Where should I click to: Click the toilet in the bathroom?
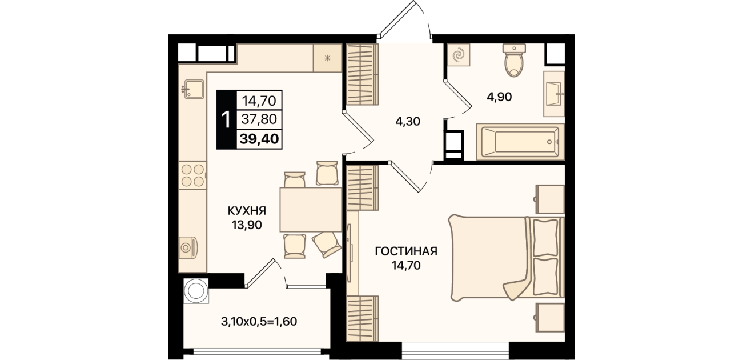[x=514, y=61]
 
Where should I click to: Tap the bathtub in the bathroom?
[x=520, y=142]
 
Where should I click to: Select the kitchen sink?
[x=194, y=89]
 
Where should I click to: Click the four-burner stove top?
[x=192, y=175]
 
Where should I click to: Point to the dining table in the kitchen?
[x=311, y=209]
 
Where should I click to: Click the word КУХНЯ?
[x=247, y=211]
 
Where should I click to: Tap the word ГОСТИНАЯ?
[x=406, y=251]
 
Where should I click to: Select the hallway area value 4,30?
[x=408, y=122]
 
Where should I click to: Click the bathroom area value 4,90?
[x=499, y=97]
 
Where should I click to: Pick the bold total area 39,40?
[x=259, y=139]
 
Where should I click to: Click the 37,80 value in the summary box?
[x=259, y=119]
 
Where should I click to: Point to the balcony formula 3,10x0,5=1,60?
[x=259, y=321]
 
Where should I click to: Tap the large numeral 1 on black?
[x=226, y=120]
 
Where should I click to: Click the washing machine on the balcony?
[x=196, y=291]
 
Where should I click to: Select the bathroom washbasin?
[x=554, y=94]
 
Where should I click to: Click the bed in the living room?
[x=507, y=258]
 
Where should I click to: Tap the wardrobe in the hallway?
[x=363, y=75]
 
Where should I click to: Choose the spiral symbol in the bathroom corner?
[x=459, y=55]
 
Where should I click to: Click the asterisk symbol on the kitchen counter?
[x=327, y=59]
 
